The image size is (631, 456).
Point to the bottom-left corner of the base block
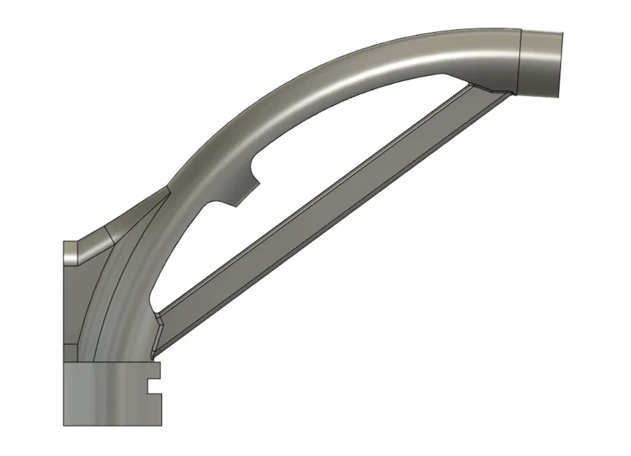(64, 424)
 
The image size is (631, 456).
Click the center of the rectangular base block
(110, 394)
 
